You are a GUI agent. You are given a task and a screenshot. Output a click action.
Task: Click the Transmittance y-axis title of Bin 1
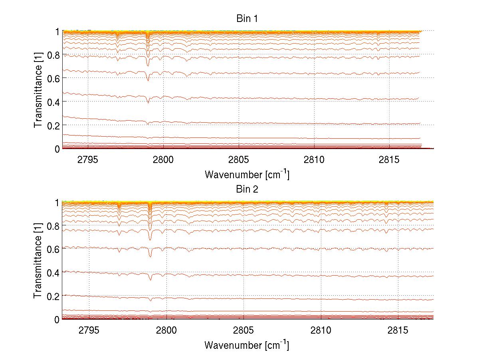38,90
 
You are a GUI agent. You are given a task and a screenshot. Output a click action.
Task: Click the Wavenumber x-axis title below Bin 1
247,174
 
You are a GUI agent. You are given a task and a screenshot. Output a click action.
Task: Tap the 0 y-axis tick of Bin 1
57,149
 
